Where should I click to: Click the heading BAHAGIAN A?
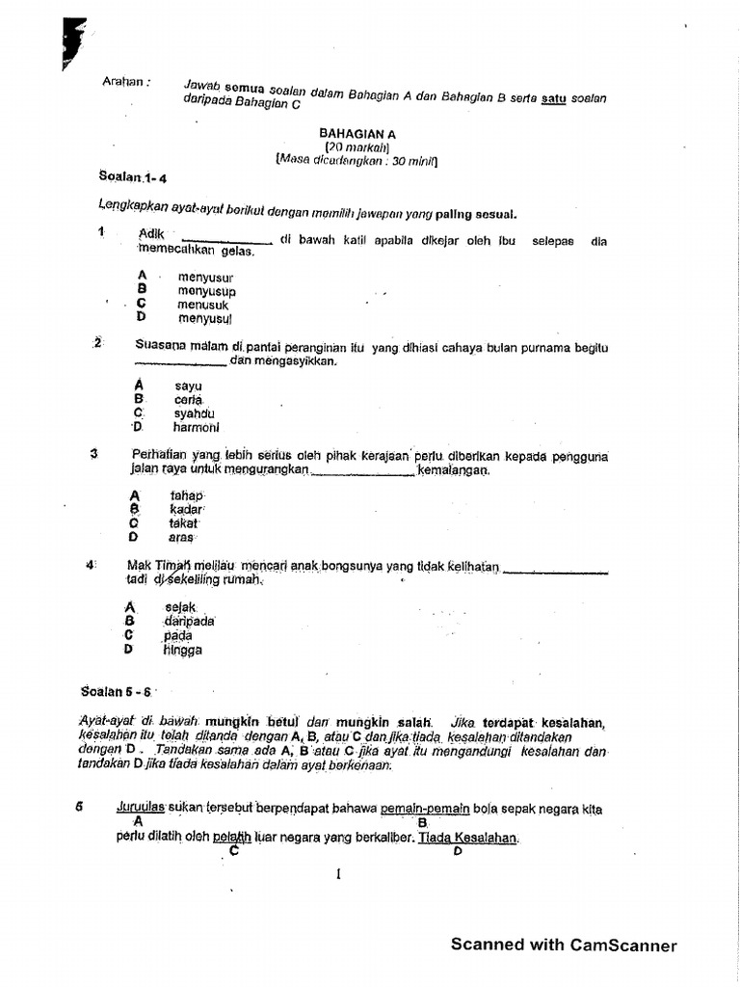(357, 133)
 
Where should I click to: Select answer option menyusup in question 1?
(206, 291)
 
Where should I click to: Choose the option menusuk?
(202, 304)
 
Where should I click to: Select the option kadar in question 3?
(186, 509)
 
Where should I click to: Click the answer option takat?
(183, 523)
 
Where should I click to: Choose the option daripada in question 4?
(189, 622)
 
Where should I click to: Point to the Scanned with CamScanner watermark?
(564, 945)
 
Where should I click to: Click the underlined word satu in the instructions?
(552, 97)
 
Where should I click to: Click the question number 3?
(93, 454)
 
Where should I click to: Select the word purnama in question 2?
(557, 347)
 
